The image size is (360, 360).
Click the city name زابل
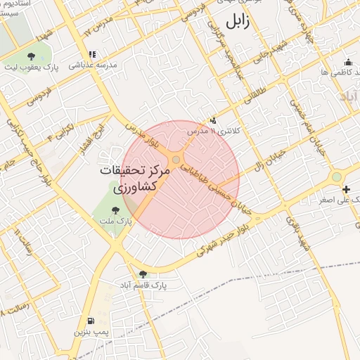pos(237,20)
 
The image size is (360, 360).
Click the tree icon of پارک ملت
pos(116,210)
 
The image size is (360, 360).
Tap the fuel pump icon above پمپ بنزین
pos(91,321)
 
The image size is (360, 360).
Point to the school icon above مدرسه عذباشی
pos(91,54)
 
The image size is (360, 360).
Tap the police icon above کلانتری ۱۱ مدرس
pos(213,121)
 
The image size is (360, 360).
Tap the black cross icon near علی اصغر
pos(345,190)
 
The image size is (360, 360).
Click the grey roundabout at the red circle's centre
pos(176,160)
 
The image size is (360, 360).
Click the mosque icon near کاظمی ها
pos(355,72)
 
